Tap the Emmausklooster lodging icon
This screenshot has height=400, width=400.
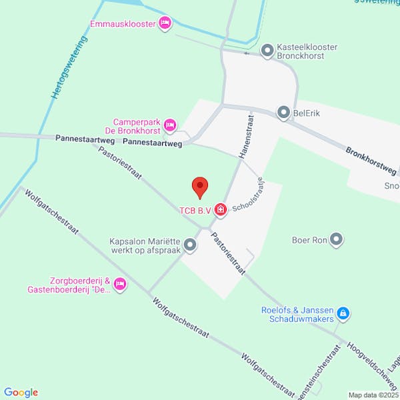[165, 24]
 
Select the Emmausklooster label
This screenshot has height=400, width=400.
[123, 25]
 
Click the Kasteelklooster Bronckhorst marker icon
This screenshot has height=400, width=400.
[267, 50]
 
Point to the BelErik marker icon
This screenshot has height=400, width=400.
[284, 113]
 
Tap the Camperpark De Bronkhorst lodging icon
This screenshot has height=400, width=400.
[170, 125]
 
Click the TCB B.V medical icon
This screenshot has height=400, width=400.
[220, 211]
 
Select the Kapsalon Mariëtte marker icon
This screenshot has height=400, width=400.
[191, 245]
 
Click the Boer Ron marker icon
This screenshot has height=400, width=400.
[336, 239]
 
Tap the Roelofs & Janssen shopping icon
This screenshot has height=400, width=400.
[343, 313]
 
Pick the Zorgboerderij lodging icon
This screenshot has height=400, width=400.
[120, 285]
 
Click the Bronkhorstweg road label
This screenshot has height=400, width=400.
[372, 159]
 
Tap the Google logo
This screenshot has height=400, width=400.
[21, 393]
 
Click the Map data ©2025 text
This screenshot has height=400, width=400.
[372, 395]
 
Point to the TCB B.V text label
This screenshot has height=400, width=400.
[195, 211]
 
